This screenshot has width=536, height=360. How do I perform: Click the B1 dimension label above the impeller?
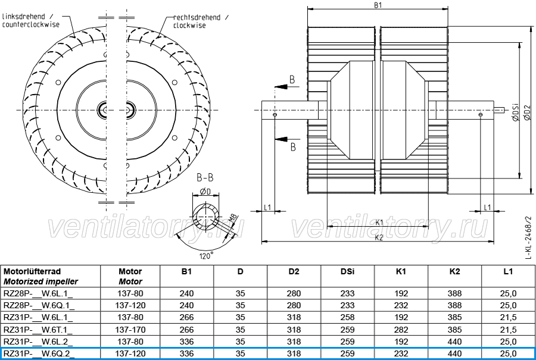pos(378,5)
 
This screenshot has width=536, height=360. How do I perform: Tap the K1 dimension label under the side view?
pos(379,223)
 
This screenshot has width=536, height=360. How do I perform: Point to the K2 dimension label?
pos(379,238)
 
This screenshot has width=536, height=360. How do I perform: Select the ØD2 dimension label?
pos(527,112)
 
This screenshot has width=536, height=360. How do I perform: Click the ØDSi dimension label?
pos(516,112)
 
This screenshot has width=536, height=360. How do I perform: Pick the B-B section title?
pos(205,177)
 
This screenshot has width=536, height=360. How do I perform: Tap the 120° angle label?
pos(206,255)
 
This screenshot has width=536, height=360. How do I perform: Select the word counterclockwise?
pos(31,24)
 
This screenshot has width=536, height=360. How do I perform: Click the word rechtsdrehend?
pos(197,17)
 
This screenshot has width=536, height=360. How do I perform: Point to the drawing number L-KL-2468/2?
pos(528,237)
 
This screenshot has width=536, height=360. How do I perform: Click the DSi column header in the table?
pos(347,271)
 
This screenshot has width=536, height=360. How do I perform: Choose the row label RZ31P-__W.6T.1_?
pos(38,330)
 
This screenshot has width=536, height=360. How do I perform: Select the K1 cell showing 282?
pos(401,330)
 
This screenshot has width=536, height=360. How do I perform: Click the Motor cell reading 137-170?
pos(130,330)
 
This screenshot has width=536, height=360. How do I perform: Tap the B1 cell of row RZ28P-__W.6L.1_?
pos(186,293)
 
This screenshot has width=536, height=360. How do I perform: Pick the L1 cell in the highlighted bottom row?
pos(508,353)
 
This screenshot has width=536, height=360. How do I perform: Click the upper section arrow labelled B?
pos(287,86)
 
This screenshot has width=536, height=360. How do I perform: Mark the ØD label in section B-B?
pos(205,191)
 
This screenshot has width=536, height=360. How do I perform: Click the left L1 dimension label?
pos(267,207)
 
